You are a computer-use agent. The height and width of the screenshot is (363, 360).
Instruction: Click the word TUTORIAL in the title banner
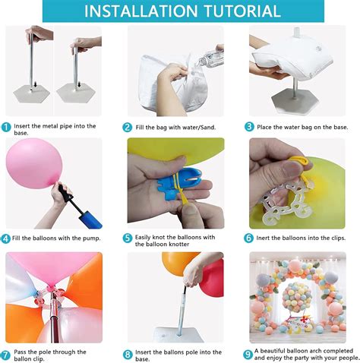tap(235, 11)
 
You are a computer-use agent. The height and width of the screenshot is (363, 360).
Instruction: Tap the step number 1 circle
tap(6, 127)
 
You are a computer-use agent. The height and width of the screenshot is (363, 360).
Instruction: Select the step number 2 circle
tap(128, 127)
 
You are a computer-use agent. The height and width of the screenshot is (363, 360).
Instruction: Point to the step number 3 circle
tap(249, 127)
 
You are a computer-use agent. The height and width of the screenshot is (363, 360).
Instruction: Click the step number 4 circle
tap(6, 238)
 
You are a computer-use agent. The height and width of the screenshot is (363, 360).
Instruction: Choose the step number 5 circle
tap(128, 238)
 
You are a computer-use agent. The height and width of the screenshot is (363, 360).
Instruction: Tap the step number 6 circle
tap(249, 238)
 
